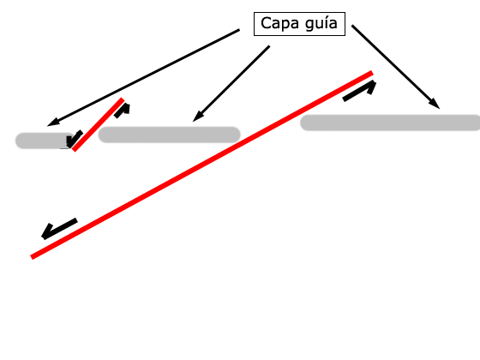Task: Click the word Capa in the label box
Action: click(x=279, y=24)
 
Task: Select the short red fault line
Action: click(x=98, y=124)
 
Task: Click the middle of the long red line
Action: click(x=201, y=165)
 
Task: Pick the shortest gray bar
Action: click(x=44, y=141)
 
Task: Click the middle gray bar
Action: click(x=170, y=135)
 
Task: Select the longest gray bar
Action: click(x=390, y=123)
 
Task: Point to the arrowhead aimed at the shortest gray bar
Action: click(x=52, y=123)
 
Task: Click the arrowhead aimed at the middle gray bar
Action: click(x=197, y=117)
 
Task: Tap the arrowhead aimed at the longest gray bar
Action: click(x=435, y=104)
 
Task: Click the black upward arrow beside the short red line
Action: click(x=123, y=111)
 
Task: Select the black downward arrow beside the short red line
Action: click(x=74, y=139)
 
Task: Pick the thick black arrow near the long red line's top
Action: click(x=360, y=91)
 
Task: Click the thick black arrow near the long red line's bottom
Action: click(x=59, y=229)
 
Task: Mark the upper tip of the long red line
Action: click(x=372, y=73)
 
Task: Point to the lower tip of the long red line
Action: click(x=32, y=257)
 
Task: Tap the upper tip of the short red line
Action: click(x=123, y=99)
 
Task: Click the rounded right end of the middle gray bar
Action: click(x=237, y=135)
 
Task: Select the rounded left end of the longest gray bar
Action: click(x=303, y=123)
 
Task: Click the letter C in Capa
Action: click(x=266, y=23)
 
